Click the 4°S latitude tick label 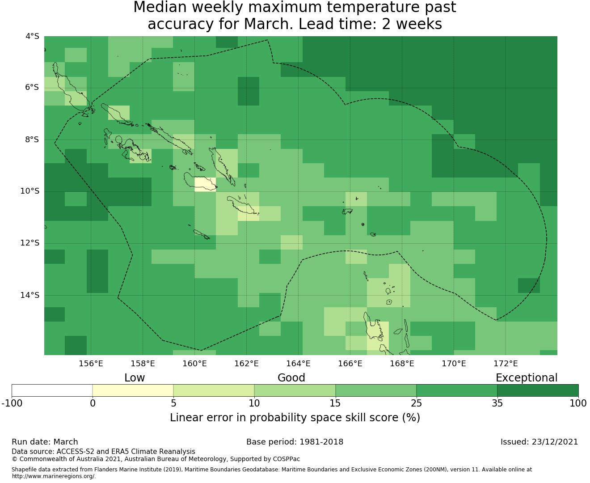pos(32,36)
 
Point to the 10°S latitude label pos(29,191)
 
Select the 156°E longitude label pos(91,364)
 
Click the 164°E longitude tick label pos(298,364)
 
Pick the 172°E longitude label pos(506,364)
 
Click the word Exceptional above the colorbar pos(527,378)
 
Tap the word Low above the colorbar pos(135,378)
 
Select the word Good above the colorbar pos(291,378)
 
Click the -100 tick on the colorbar pos(12,403)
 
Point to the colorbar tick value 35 pos(497,403)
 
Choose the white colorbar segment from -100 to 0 pos(52,390)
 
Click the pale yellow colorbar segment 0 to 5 pos(133,390)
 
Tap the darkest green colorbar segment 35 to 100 pos(538,390)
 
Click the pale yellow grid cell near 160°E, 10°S pos(205,185)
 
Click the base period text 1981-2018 pos(321,442)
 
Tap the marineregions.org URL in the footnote pos(54,476)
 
